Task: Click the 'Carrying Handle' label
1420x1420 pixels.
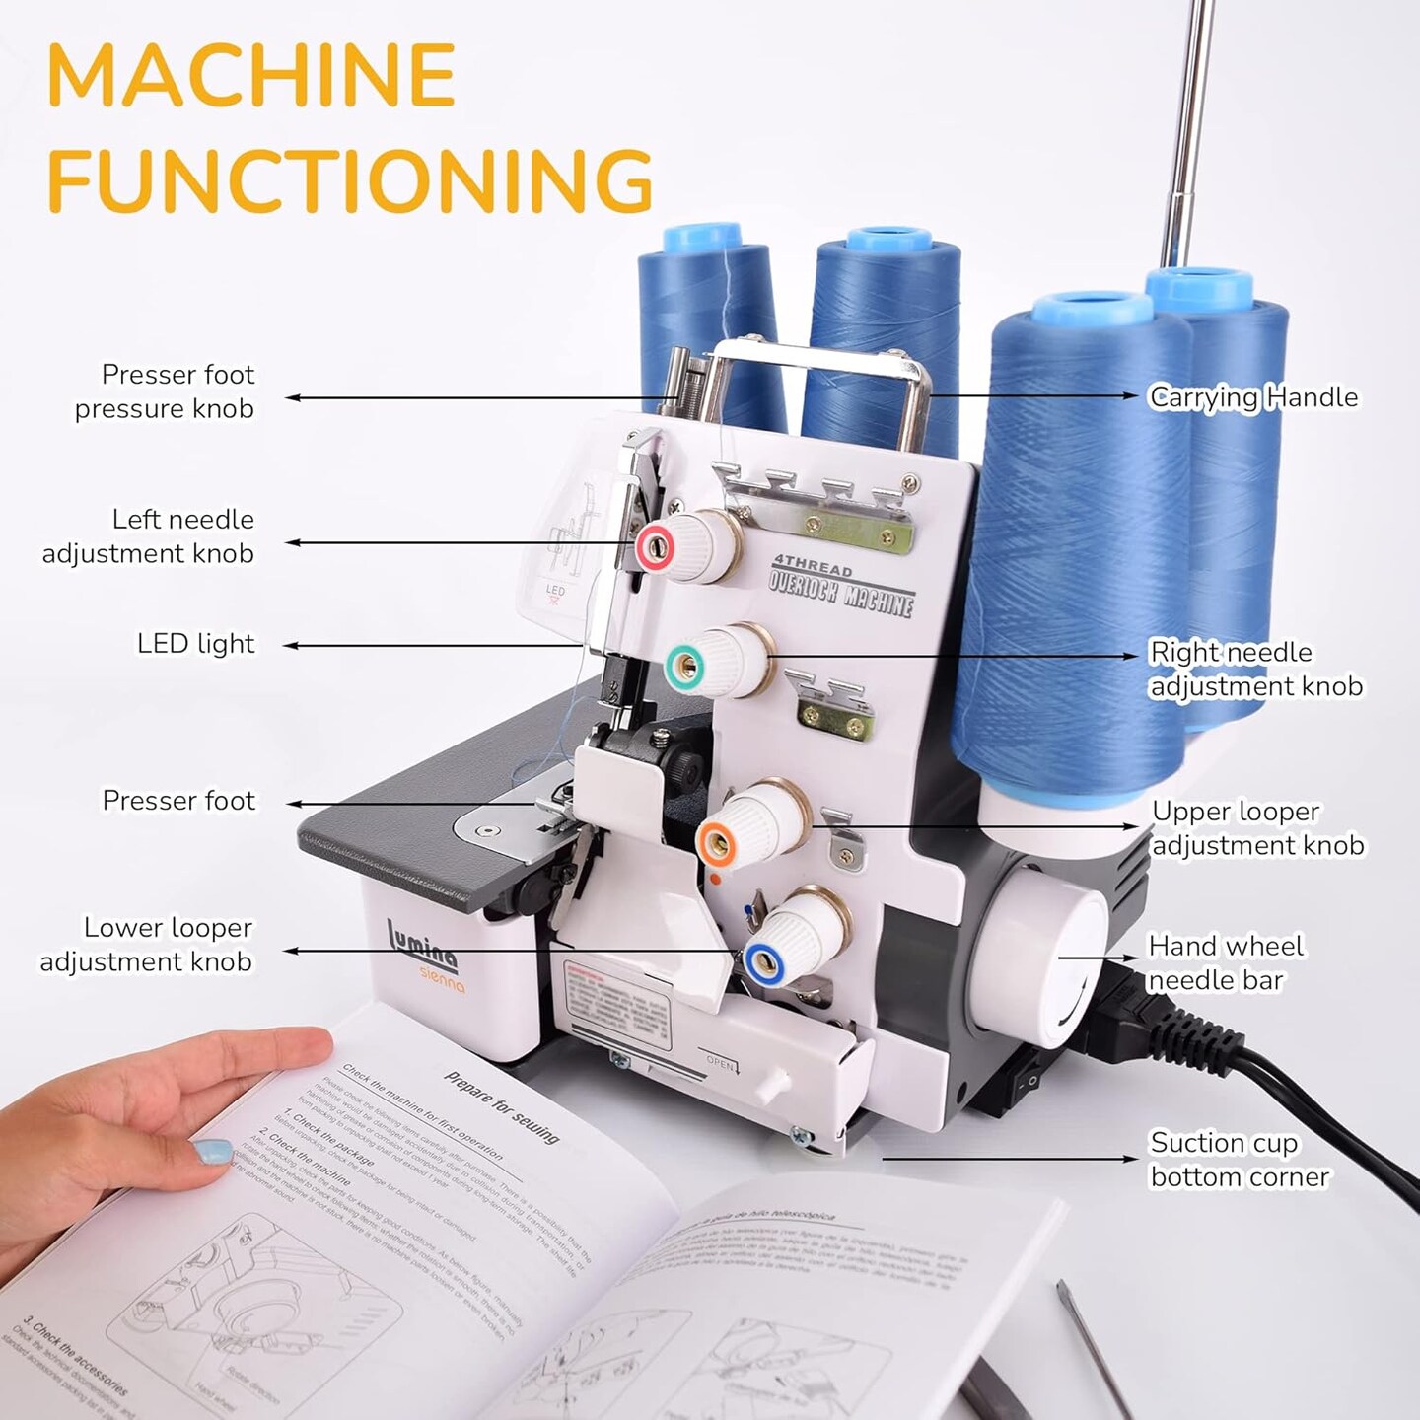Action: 1253,397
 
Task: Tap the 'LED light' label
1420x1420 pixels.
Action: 195,644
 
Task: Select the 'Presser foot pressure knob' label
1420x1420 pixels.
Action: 165,391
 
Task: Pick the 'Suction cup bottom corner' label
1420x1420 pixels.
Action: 1240,1160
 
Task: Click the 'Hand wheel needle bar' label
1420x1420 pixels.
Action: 1225,962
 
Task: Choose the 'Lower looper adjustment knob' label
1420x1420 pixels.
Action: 146,945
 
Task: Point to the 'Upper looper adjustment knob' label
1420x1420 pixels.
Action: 1257,828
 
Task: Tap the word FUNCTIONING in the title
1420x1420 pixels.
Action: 350,179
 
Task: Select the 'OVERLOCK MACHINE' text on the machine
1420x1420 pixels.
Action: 841,590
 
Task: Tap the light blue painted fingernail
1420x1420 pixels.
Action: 212,1150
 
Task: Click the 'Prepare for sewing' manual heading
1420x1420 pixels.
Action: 501,1106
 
